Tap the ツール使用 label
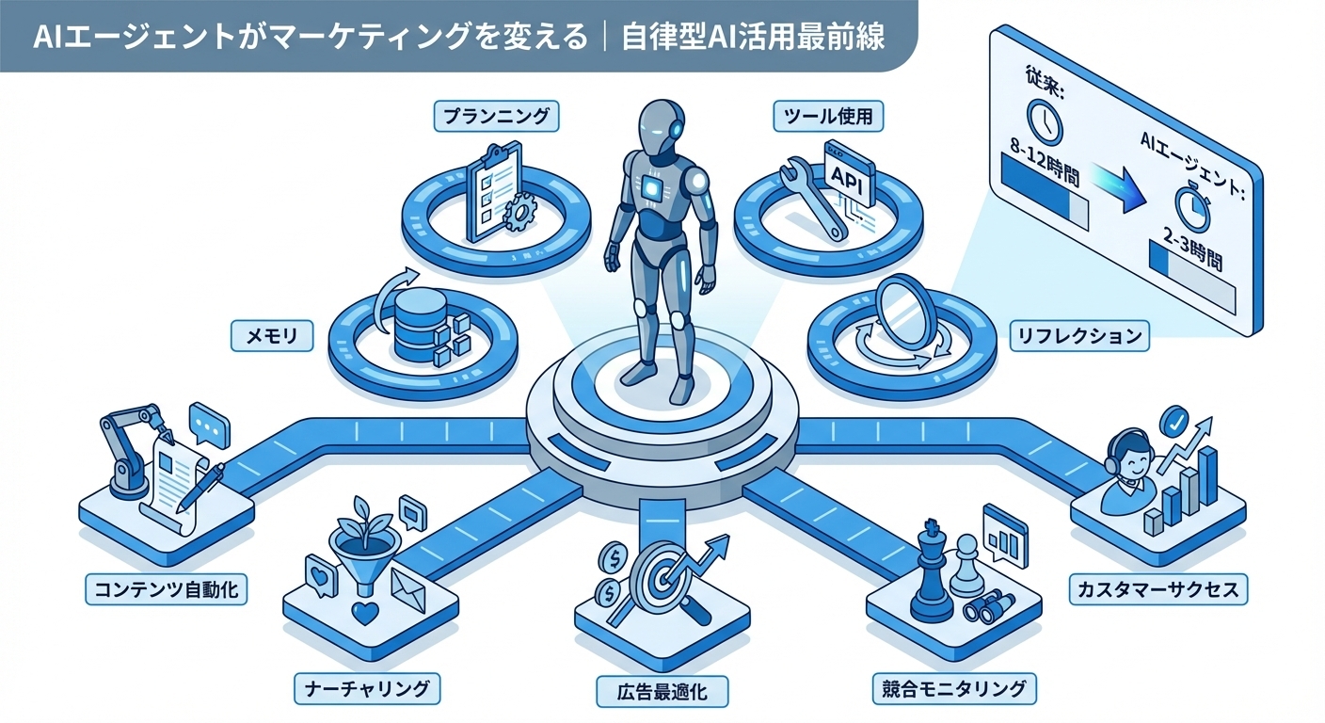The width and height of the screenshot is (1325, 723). point(829,117)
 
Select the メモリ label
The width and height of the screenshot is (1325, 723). point(272,333)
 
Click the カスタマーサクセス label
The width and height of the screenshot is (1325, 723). point(1158,590)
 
